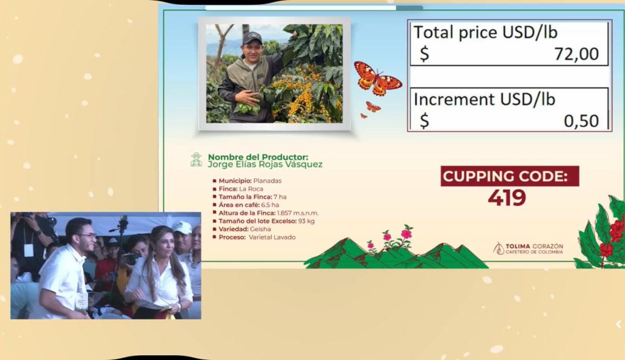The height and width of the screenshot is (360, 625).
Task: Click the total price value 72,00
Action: pos(576,54)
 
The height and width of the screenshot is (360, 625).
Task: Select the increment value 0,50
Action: pos(581,121)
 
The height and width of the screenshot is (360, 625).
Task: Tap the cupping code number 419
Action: pos(507,197)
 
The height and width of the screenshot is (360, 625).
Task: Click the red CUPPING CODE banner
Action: pos(510,176)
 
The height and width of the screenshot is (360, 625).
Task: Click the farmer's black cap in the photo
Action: pos(252,38)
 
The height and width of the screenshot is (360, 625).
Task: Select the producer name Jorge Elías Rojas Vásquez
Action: pos(265,164)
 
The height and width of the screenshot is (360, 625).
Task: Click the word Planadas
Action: pos(267,181)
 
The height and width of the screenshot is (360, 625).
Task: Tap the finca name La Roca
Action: pos(251,189)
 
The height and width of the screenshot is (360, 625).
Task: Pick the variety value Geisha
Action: pos(260,229)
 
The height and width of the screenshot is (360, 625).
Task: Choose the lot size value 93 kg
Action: pos(306,221)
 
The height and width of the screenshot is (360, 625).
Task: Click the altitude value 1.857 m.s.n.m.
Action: pos(298,213)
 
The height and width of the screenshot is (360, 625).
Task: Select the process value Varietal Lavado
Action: pos(272,237)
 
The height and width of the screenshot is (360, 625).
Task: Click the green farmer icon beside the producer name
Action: pos(196,159)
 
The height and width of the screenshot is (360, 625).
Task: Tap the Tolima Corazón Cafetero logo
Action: pos(528,248)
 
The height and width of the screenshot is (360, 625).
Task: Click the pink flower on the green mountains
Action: pos(406,234)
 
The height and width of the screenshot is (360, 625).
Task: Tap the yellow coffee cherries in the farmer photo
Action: pos(301,94)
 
